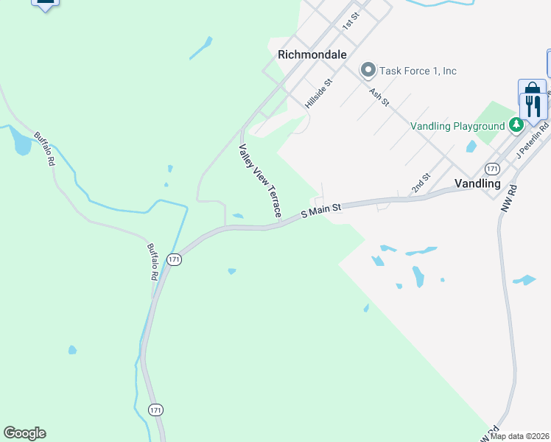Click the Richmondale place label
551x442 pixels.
312,55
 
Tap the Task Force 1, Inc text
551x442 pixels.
418,71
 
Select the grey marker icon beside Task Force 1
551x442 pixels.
368,71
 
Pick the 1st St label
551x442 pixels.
350,21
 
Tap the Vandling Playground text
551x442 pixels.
457,126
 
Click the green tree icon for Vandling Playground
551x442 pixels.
516,125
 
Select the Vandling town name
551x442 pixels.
477,183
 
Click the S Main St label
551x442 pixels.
321,211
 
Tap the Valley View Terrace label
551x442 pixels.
259,180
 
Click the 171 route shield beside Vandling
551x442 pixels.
493,169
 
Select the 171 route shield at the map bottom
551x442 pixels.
154,410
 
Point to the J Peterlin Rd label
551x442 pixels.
533,139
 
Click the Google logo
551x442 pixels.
24,433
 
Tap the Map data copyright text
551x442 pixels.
519,436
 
